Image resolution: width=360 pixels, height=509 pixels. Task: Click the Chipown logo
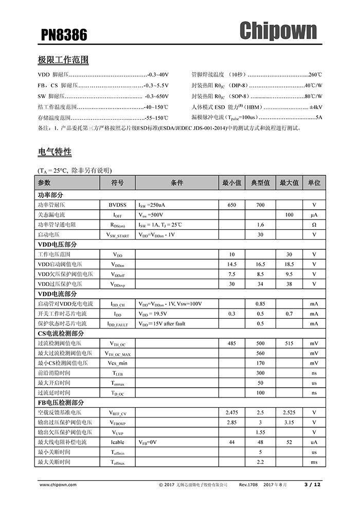point(278,31)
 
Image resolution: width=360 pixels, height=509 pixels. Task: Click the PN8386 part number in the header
point(64,35)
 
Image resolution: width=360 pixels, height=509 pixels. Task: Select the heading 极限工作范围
point(63,60)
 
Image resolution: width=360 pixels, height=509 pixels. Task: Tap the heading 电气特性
point(55,152)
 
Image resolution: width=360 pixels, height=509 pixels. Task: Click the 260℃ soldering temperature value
point(315,75)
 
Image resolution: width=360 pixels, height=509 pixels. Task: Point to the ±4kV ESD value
point(316,107)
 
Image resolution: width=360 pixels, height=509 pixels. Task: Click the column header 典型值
point(260,183)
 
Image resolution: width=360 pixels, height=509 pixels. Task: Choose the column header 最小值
point(231,183)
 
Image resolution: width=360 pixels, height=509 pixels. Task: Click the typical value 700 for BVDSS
point(260,205)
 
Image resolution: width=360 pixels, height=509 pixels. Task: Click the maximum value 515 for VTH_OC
point(289,343)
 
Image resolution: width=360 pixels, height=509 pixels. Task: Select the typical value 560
point(260,353)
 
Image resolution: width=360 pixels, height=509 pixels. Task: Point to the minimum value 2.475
point(231,412)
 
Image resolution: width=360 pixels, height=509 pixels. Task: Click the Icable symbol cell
point(117,442)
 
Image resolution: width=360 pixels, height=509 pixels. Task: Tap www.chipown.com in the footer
point(57,484)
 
